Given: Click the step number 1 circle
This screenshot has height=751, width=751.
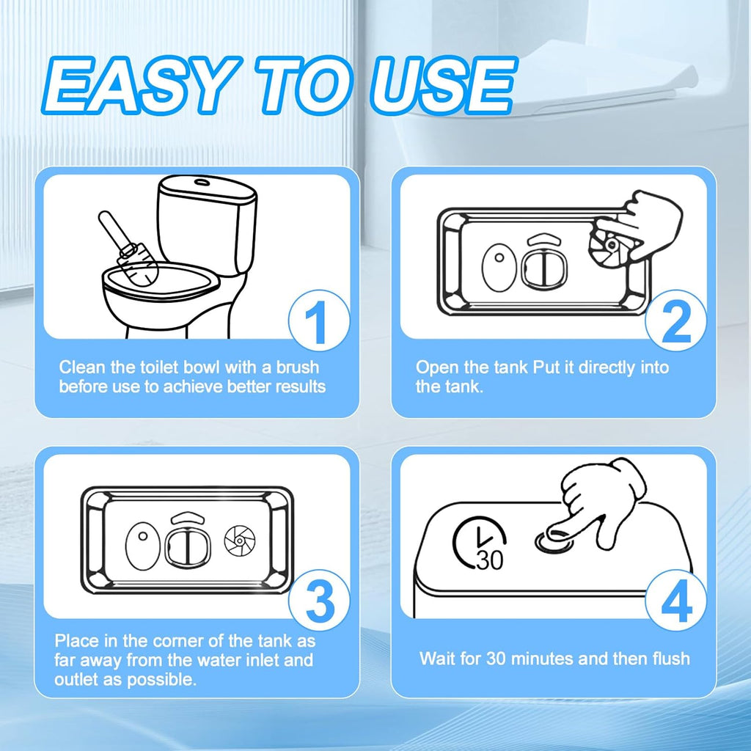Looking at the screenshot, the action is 319,320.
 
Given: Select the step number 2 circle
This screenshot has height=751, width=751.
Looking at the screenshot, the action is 675,320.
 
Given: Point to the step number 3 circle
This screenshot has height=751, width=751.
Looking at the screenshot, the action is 319,600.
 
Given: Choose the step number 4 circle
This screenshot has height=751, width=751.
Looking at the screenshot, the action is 675,600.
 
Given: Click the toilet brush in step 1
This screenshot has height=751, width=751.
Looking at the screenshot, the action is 128,249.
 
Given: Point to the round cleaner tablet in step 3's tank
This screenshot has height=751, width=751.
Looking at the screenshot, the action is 240,541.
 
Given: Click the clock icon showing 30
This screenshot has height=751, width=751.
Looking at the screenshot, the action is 480,543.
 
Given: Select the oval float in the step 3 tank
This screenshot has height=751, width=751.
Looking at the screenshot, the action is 142,546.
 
